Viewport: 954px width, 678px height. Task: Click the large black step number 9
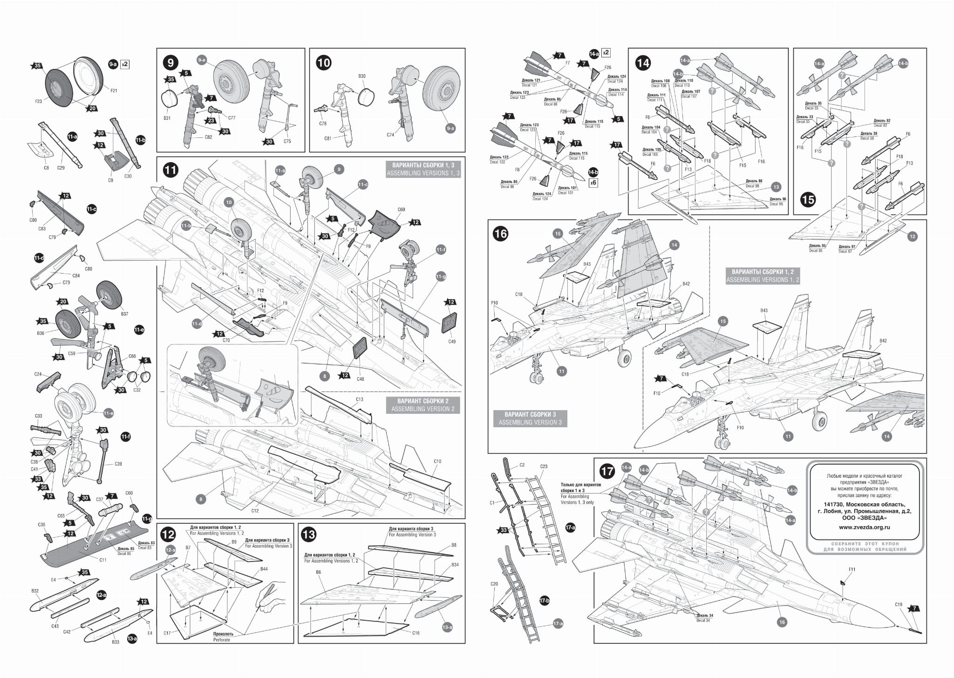point(170,62)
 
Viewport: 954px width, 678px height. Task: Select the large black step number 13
point(309,534)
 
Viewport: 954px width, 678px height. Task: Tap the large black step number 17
point(607,471)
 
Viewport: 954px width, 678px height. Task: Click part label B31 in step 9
point(167,118)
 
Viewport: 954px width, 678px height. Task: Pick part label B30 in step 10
point(362,76)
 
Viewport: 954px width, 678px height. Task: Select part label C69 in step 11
point(401,210)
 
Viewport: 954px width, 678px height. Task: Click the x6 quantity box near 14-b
point(593,183)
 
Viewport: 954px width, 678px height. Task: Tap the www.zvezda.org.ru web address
point(864,527)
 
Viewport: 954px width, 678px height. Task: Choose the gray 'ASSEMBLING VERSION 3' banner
point(530,418)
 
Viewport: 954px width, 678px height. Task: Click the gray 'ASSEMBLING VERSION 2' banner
point(422,405)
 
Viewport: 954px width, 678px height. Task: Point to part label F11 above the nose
point(852,569)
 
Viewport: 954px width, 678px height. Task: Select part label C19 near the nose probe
point(899,605)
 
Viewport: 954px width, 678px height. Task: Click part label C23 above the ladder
point(544,466)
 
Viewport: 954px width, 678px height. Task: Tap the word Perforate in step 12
point(221,640)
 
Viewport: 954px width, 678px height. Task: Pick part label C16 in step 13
point(416,633)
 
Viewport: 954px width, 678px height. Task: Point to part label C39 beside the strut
point(118,464)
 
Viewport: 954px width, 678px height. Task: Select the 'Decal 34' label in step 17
point(703,620)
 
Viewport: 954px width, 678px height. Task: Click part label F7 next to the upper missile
point(567,63)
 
